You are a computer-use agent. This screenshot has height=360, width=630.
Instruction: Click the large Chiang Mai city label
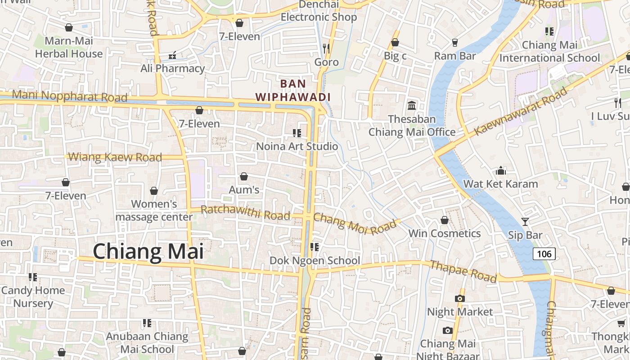tap(148, 252)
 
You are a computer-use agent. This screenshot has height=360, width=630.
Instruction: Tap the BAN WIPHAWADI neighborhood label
tap(293, 90)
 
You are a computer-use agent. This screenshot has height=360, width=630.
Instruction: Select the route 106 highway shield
tap(544, 254)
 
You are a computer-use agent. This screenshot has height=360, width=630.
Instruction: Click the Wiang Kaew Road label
tap(116, 157)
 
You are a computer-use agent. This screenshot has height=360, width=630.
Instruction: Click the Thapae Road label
tap(463, 271)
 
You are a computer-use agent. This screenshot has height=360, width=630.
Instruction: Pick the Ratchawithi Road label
tap(245, 212)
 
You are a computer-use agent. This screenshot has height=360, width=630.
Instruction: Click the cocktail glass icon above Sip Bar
tap(525, 221)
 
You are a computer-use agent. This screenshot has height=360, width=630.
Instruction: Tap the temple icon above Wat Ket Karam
tap(500, 171)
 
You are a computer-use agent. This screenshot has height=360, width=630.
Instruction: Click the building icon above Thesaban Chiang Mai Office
tap(411, 106)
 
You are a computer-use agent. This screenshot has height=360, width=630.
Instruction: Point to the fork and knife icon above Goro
tap(326, 48)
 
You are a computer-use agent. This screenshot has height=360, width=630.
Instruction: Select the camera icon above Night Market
tap(459, 298)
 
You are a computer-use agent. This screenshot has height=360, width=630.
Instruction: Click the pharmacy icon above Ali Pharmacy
tap(172, 55)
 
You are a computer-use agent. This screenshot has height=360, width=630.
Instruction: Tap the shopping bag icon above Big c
tap(395, 42)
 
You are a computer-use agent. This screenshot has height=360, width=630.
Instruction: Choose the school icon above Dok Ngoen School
tap(314, 247)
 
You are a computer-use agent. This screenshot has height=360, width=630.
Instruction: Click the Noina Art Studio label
tap(297, 146)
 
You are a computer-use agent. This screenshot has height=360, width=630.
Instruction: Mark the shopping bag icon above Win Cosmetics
tap(444, 220)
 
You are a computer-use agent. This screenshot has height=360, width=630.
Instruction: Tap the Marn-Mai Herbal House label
tap(69, 47)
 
